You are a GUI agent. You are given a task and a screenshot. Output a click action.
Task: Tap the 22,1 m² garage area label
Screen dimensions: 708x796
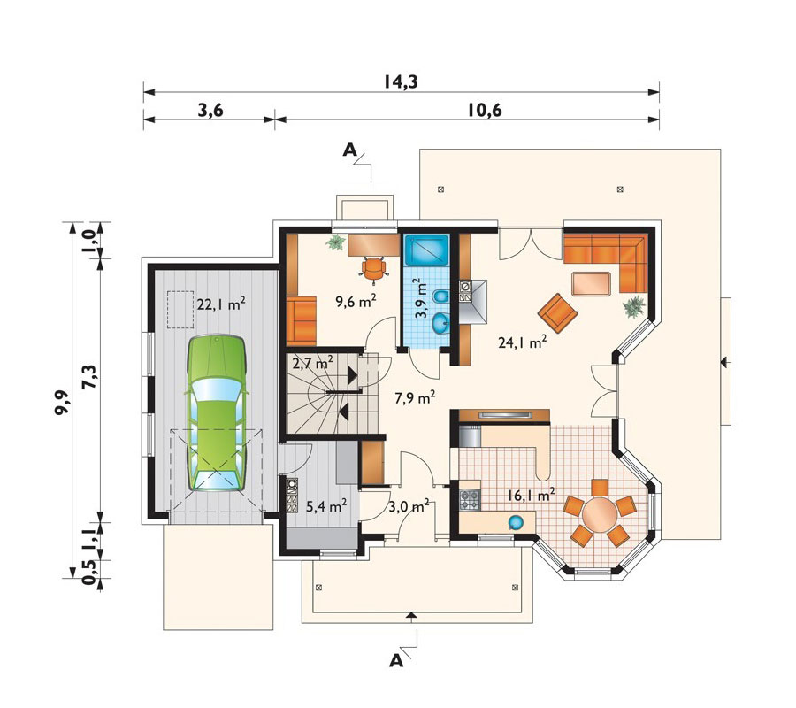220,304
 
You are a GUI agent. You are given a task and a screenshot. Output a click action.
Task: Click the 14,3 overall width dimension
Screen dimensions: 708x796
400,81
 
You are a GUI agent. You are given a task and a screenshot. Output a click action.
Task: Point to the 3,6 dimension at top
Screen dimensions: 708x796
209,110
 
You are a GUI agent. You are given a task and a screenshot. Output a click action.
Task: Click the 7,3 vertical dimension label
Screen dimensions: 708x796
87,387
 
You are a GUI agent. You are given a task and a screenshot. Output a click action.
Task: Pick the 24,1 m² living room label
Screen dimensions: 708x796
525,342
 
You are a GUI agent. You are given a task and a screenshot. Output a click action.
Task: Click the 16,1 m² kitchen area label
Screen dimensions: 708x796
531,495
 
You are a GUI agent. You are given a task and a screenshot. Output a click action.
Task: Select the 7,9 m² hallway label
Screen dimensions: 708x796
414,397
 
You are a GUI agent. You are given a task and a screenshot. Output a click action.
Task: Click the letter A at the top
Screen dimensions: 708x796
350,151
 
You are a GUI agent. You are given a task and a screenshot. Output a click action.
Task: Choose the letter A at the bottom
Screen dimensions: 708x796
396,659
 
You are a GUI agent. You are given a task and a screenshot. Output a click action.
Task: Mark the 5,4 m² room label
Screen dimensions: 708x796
325,506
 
